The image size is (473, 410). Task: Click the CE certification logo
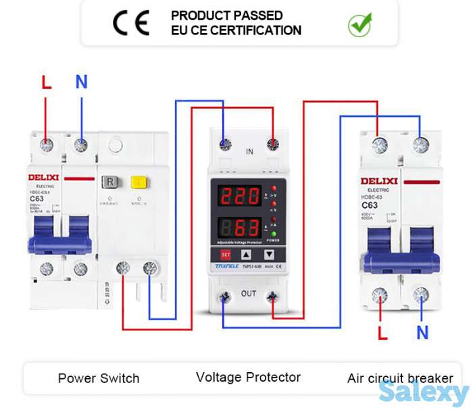click(131, 23)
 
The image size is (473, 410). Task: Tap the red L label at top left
click(46, 82)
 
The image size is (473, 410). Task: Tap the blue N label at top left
click(81, 82)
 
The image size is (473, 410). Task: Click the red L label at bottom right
click(382, 332)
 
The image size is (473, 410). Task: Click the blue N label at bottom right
click(422, 332)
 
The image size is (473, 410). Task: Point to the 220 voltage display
click(239, 196)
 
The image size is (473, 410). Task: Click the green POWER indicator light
click(274, 233)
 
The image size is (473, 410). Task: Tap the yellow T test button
click(139, 182)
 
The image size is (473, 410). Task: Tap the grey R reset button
click(109, 182)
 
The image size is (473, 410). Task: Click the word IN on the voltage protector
click(249, 152)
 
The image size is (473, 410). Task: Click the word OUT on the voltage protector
click(249, 294)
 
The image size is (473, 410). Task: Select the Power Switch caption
click(99, 378)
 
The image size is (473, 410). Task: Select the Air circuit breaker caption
click(400, 378)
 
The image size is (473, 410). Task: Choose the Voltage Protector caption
click(248, 377)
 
